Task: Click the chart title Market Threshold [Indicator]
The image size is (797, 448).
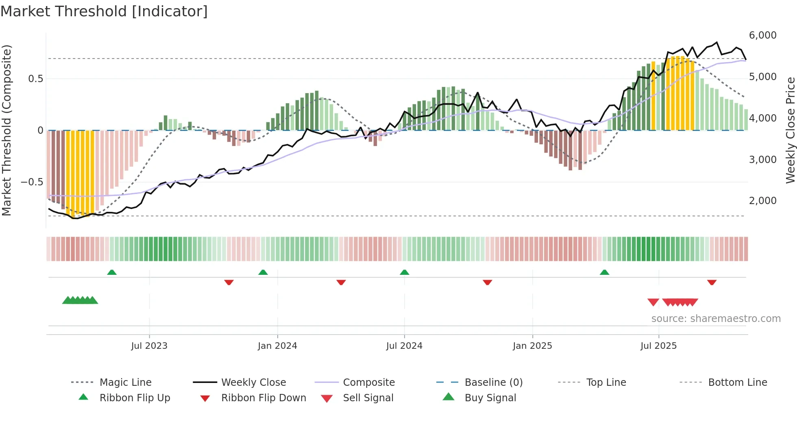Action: pyautogui.click(x=104, y=11)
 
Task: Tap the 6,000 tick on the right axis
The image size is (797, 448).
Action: pyautogui.click(x=762, y=35)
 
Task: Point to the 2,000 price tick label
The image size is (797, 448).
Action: pyautogui.click(x=762, y=201)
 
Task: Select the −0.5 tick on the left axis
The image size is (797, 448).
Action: pyautogui.click(x=32, y=182)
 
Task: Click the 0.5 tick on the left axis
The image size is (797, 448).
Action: pyautogui.click(x=35, y=78)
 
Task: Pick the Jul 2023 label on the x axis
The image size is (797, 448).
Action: pyautogui.click(x=149, y=346)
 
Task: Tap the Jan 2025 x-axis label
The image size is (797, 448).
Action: pyautogui.click(x=532, y=346)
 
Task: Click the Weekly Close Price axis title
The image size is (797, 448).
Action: pyautogui.click(x=790, y=130)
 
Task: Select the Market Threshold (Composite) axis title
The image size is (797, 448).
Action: pyautogui.click(x=7, y=130)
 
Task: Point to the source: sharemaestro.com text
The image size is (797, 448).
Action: pyautogui.click(x=716, y=319)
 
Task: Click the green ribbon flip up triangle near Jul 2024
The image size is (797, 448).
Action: pyautogui.click(x=404, y=272)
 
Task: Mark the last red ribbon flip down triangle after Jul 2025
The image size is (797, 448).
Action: pyautogui.click(x=712, y=282)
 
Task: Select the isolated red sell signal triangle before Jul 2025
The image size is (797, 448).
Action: pyautogui.click(x=653, y=302)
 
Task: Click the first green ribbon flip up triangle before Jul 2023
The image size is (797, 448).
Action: pyautogui.click(x=112, y=272)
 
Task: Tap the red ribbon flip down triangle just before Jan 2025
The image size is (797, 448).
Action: pyautogui.click(x=487, y=282)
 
